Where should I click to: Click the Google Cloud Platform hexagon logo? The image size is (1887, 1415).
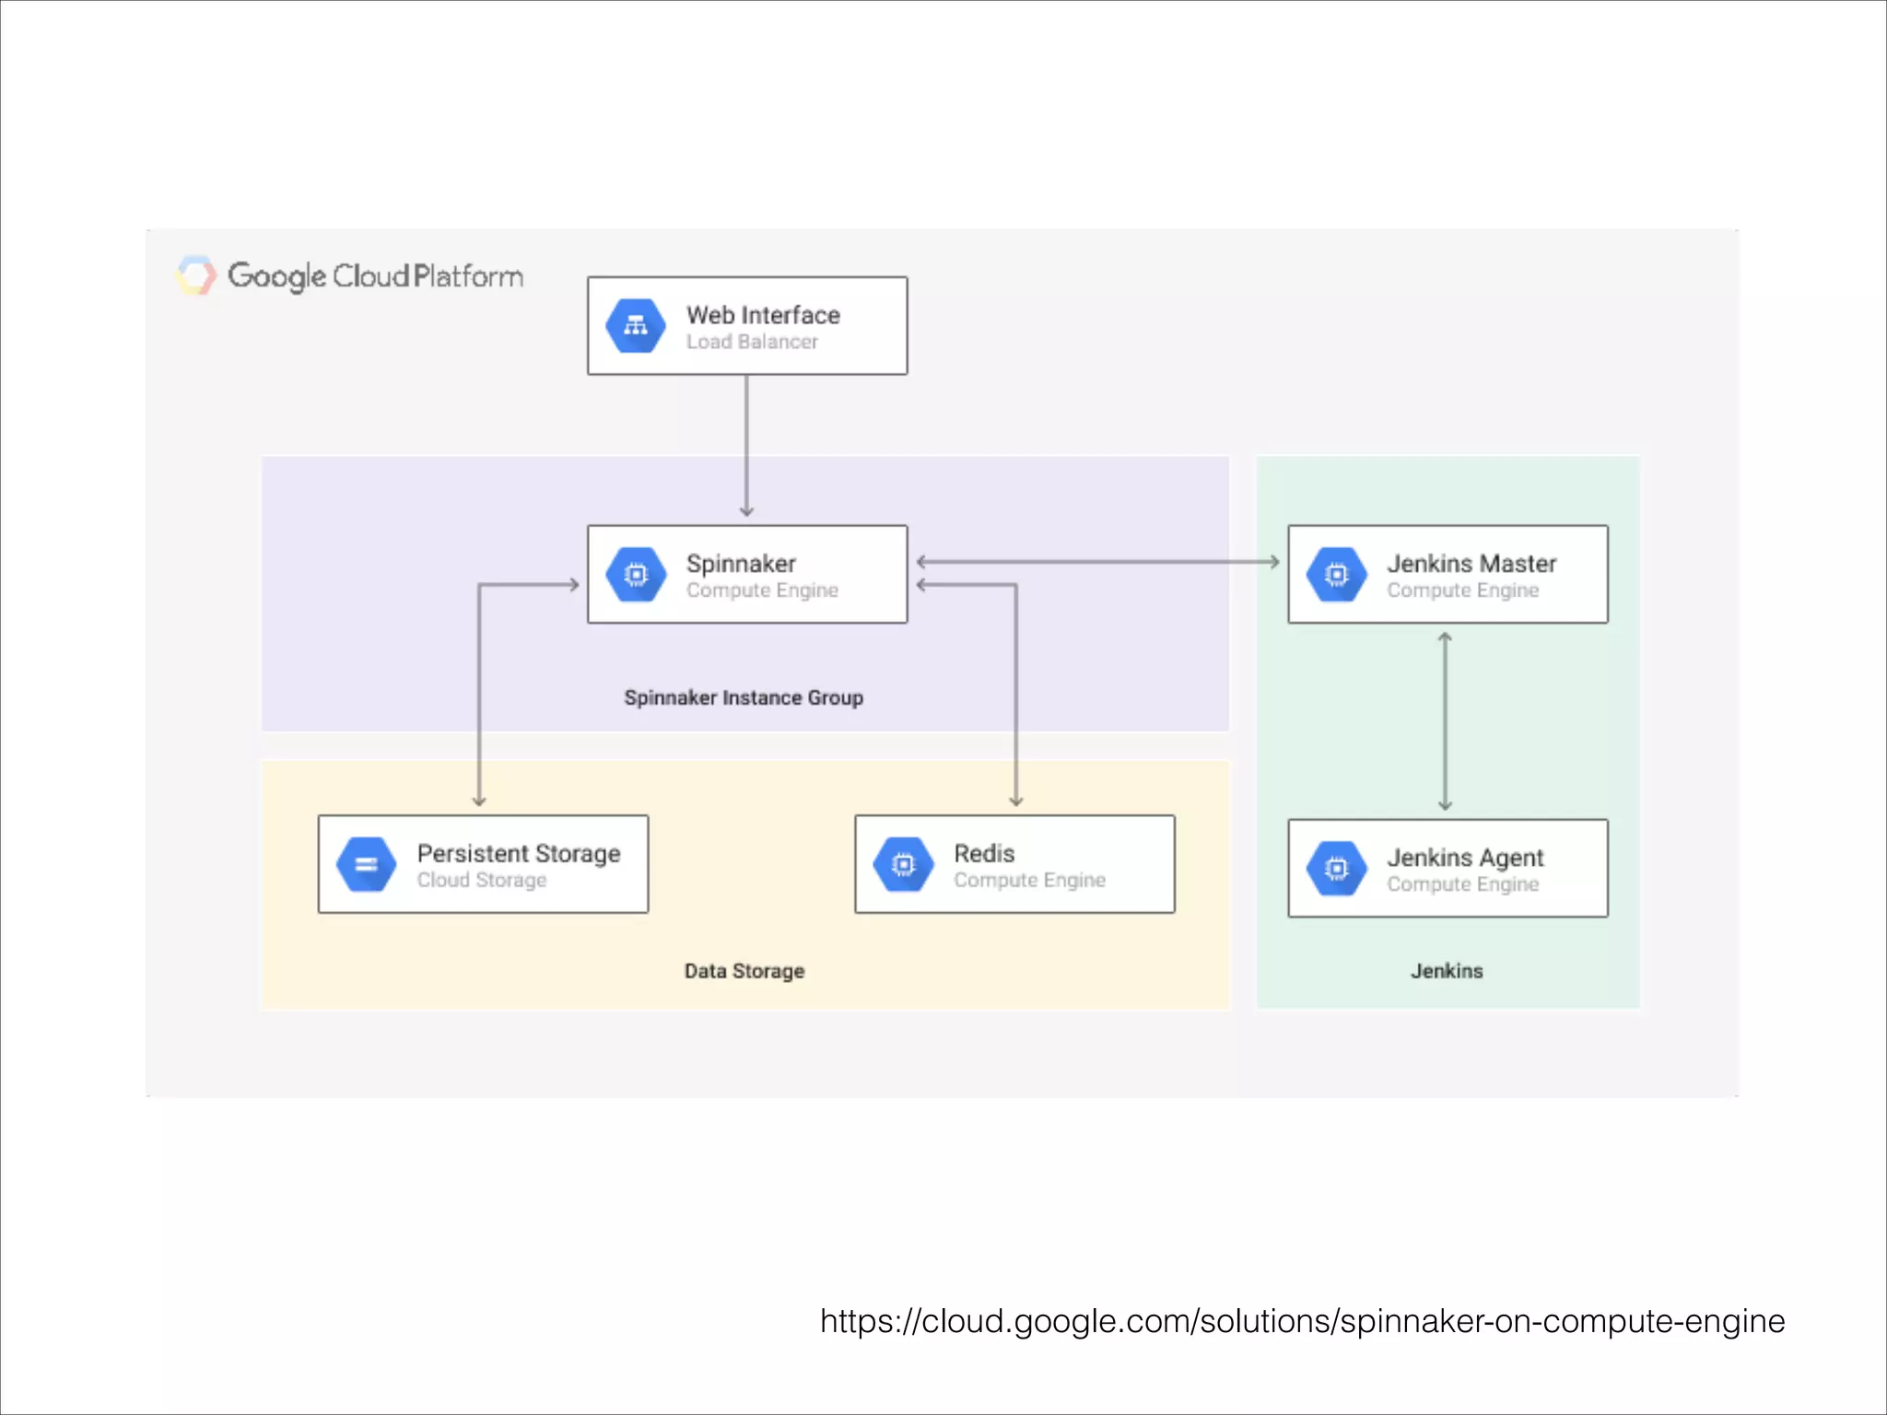pos(195,275)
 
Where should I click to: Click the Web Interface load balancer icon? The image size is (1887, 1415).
pos(636,326)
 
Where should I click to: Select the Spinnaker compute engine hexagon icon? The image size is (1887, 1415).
pos(636,575)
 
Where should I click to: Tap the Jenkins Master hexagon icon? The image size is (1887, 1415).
pos(1336,575)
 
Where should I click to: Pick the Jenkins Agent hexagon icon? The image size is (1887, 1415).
pos(1336,868)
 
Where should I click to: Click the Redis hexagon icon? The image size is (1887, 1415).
pos(903,864)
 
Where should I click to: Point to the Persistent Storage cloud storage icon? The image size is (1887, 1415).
pos(366,864)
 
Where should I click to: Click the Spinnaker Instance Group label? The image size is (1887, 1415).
pos(744,697)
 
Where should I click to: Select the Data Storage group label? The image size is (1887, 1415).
pos(744,971)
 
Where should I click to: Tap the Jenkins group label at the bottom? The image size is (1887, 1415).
pos(1447,971)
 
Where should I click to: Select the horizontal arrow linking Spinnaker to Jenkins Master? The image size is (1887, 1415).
pos(1096,561)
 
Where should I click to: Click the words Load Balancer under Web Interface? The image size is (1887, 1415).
pos(752,342)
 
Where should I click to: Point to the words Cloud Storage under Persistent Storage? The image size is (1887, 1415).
pos(481,880)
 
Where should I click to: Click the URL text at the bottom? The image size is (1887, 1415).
pos(1302,1321)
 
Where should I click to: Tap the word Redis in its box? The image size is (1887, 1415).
pos(984,853)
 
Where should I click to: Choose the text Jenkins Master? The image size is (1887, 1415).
pos(1471,563)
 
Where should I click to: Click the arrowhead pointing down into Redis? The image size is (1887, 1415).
pos(1016,801)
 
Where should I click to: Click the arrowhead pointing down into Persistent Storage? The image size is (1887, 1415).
pos(479,801)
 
